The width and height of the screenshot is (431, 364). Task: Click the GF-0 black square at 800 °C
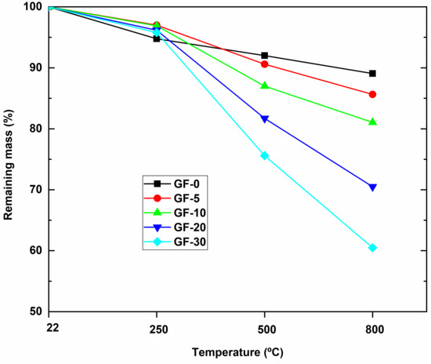click(x=372, y=74)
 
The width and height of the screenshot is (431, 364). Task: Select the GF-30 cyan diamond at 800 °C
click(x=372, y=248)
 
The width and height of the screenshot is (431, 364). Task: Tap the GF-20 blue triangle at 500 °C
click(x=265, y=119)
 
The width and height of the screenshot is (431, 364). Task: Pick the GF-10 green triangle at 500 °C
click(x=265, y=86)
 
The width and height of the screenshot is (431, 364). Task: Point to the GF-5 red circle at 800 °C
click(x=372, y=94)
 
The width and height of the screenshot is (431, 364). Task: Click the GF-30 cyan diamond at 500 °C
click(x=265, y=155)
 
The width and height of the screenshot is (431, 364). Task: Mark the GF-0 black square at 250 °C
click(x=157, y=38)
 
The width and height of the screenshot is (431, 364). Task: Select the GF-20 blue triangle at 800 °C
click(x=372, y=187)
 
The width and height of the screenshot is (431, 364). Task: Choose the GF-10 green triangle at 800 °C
click(x=372, y=122)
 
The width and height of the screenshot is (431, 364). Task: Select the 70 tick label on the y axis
click(x=36, y=190)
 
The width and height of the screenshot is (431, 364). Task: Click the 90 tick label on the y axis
click(x=36, y=68)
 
